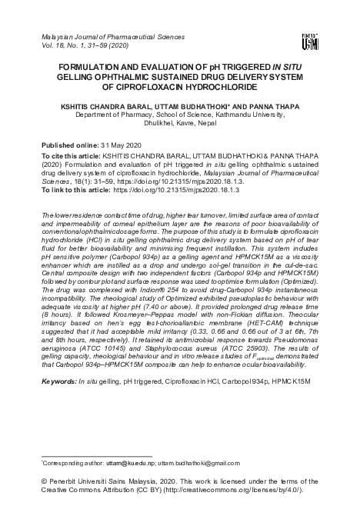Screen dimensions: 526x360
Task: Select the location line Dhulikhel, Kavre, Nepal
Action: point(179,131)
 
